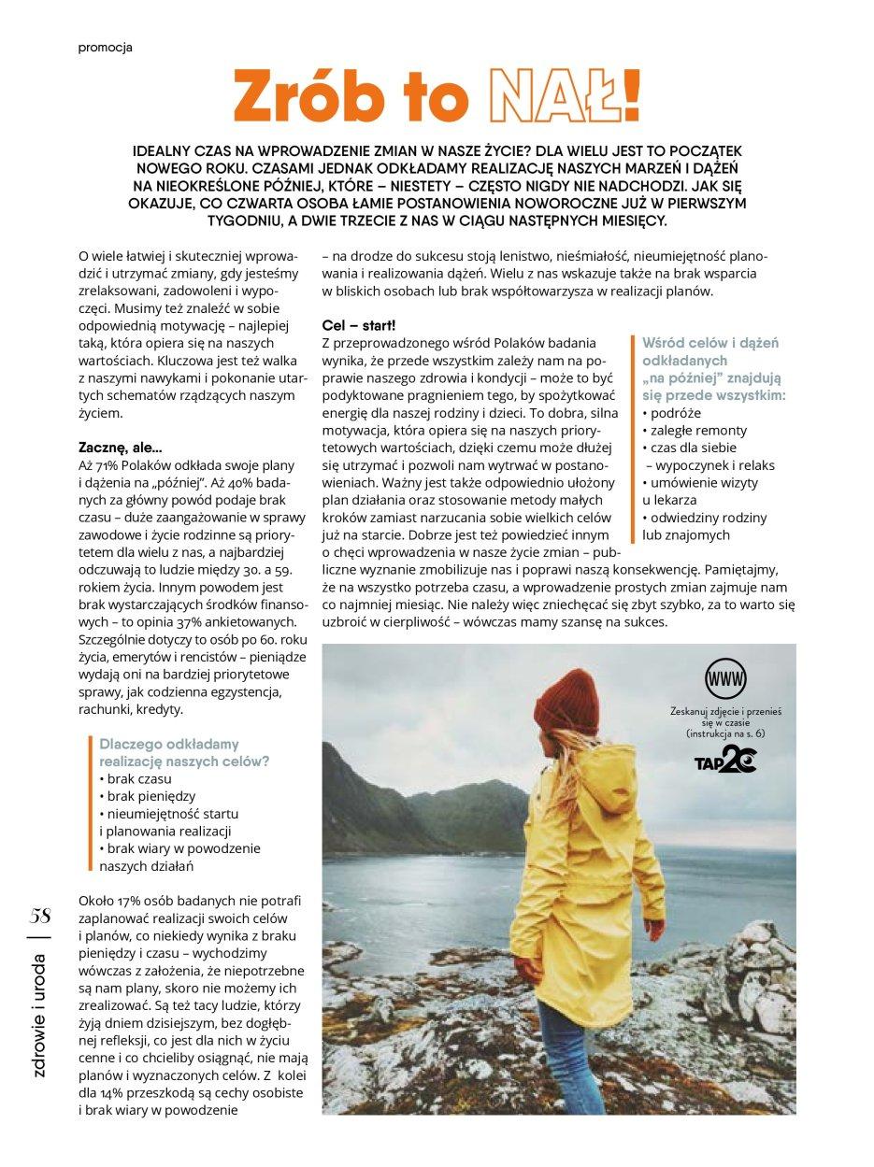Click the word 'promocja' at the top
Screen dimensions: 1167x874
tap(105, 48)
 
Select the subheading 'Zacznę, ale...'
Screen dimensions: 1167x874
tap(121, 448)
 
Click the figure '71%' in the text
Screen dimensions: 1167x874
tap(110, 465)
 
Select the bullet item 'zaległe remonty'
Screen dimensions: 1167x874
tap(695, 430)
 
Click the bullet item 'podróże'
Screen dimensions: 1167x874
tap(673, 412)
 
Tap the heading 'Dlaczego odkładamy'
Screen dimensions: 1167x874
tap(169, 743)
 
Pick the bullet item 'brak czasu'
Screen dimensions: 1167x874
tap(135, 777)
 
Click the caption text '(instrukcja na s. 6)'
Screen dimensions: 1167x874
tap(724, 735)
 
